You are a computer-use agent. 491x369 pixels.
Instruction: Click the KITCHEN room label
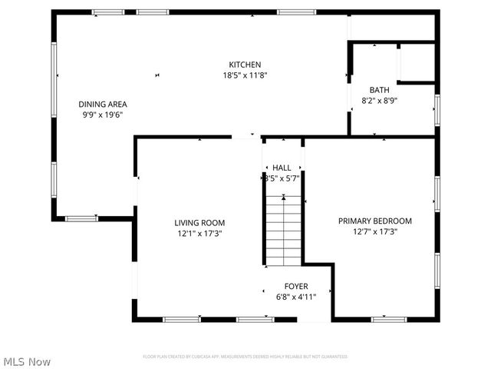[x=245, y=65]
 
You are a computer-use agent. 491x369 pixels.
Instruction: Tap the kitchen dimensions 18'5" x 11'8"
[x=245, y=75]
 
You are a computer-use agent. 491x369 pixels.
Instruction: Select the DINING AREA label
[x=103, y=104]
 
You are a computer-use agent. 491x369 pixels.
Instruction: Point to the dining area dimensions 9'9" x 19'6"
[x=103, y=115]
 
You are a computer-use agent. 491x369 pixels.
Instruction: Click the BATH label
[x=379, y=90]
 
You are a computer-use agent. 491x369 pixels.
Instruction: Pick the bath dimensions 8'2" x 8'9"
[x=379, y=101]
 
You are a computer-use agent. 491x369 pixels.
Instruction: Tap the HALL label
[x=282, y=168]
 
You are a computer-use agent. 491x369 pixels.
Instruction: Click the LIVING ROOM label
[x=199, y=221]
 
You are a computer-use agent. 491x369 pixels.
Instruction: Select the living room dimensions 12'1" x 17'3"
[x=199, y=233]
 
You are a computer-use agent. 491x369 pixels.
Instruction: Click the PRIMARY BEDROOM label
[x=375, y=221]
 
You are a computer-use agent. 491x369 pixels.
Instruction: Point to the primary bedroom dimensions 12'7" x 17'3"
[x=375, y=231]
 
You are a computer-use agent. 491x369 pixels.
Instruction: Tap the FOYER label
[x=296, y=286]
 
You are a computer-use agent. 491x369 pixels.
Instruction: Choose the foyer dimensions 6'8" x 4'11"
[x=296, y=297]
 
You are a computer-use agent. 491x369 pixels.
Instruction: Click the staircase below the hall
[x=284, y=234]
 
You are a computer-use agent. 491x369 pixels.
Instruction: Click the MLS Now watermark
[x=27, y=361]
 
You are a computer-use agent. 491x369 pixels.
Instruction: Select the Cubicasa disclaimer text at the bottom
[x=245, y=357]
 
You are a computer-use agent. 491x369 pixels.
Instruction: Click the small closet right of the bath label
[x=417, y=63]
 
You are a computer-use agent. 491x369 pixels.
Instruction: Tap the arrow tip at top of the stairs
[x=284, y=198]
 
